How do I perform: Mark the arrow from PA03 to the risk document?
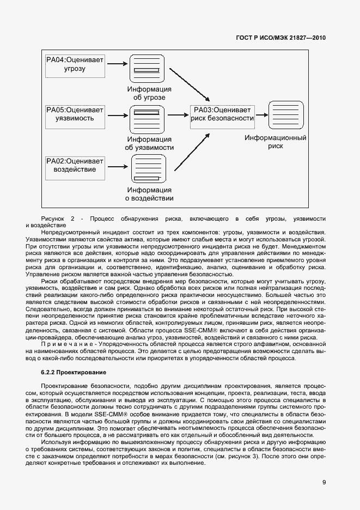262,114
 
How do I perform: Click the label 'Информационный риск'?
275,142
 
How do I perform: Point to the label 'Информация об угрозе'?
149,93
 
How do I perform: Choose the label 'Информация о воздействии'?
149,194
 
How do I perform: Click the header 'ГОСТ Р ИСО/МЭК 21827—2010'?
280,38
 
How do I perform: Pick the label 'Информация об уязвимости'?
149,143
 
